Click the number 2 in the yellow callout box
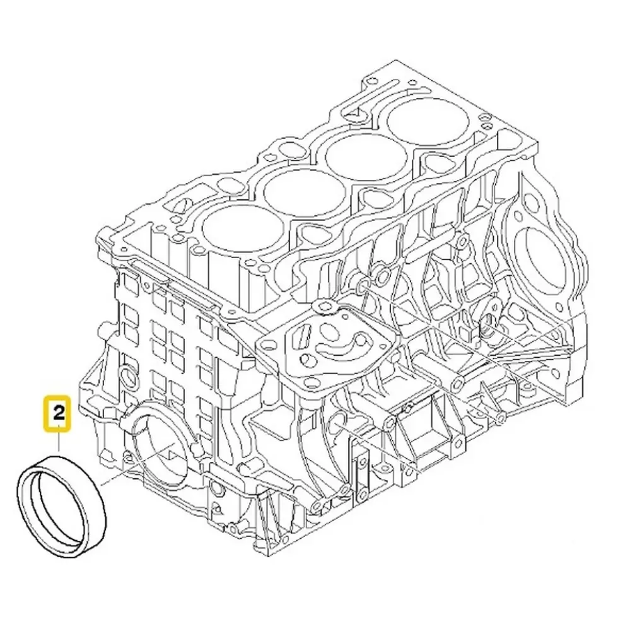click(59, 414)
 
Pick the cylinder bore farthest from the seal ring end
click(429, 119)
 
